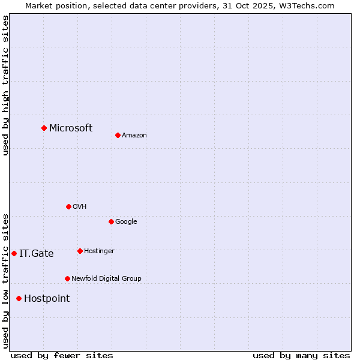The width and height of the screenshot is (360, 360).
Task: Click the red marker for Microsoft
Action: tap(44, 128)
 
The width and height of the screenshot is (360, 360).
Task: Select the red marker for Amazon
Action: tap(118, 135)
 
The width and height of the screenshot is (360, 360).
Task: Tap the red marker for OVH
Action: tap(68, 206)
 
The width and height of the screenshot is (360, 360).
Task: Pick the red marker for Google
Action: tap(111, 221)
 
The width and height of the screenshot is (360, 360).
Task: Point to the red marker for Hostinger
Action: tap(80, 251)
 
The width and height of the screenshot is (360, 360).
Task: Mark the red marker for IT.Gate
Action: tap(14, 253)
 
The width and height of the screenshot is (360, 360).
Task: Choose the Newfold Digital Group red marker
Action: tap(67, 278)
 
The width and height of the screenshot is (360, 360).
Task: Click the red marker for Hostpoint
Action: tap(19, 298)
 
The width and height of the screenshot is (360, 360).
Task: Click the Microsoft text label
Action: tap(71, 128)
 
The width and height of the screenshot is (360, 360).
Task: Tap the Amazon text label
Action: tap(134, 135)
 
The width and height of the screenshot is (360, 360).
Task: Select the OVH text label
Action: tap(80, 206)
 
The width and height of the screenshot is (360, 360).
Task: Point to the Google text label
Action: tap(126, 221)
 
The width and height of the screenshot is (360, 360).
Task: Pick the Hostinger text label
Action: tap(99, 251)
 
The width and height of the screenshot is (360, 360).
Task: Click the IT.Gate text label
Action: tap(37, 253)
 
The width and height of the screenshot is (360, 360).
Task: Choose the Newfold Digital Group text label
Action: tap(106, 278)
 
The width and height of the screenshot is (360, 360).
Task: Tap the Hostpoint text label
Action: tap(47, 298)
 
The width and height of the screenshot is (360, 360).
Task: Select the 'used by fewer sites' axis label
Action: tap(62, 355)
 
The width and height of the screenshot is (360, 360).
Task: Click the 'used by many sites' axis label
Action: tap(301, 355)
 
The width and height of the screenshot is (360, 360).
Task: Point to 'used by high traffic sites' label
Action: tap(5, 85)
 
